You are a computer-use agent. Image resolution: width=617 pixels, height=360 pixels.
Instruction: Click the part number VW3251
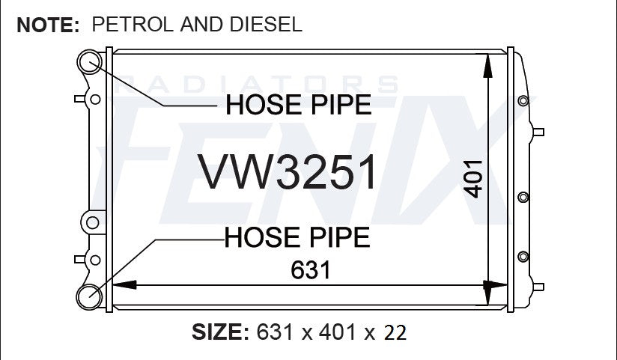(288, 171)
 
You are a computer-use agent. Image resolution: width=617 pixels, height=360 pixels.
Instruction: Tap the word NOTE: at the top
(49, 25)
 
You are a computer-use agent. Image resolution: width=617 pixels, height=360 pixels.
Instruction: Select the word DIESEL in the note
(266, 25)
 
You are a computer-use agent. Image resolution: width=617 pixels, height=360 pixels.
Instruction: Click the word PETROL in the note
(133, 25)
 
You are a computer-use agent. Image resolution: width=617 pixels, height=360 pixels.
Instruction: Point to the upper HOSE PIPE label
(299, 105)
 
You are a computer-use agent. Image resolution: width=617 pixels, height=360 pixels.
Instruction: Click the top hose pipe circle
(89, 62)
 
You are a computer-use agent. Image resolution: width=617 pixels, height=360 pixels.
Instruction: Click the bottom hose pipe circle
(89, 297)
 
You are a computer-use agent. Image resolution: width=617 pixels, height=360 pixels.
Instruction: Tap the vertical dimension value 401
(472, 179)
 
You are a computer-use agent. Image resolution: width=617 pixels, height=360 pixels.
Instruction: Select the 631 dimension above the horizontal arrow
(311, 270)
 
